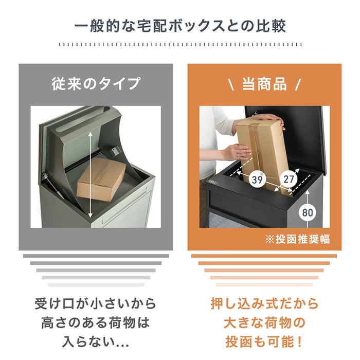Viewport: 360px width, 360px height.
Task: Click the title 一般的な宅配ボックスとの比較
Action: point(180,26)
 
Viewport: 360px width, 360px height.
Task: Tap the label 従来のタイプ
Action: point(96,84)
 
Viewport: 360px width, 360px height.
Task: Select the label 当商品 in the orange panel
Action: point(264,84)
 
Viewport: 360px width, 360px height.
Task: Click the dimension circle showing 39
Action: point(257,179)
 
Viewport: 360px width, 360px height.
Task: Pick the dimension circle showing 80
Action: point(307,211)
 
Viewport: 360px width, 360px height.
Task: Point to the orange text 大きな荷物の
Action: point(264,323)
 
